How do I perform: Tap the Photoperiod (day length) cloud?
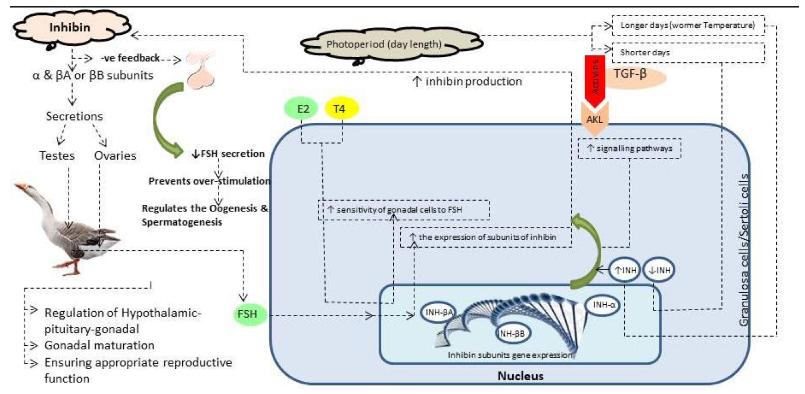[x=384, y=44]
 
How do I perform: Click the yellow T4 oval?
[x=340, y=109]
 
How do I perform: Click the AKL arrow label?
[x=594, y=120]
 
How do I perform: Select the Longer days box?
[x=687, y=25]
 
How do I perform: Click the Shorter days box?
[x=687, y=53]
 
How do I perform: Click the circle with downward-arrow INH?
[x=659, y=270]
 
